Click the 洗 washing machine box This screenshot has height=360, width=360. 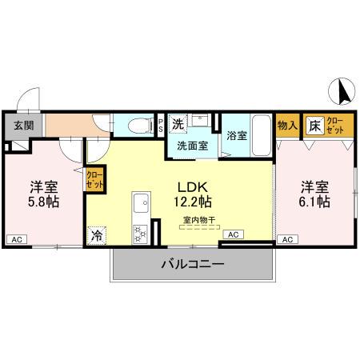(x=179, y=124)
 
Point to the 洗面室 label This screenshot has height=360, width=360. (x=192, y=146)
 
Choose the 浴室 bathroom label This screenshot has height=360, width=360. (x=237, y=135)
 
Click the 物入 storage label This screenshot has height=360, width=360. (x=287, y=126)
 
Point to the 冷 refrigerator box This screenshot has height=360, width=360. (x=97, y=236)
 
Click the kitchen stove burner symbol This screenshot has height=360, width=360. (x=141, y=233)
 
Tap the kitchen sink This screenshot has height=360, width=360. (x=140, y=202)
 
